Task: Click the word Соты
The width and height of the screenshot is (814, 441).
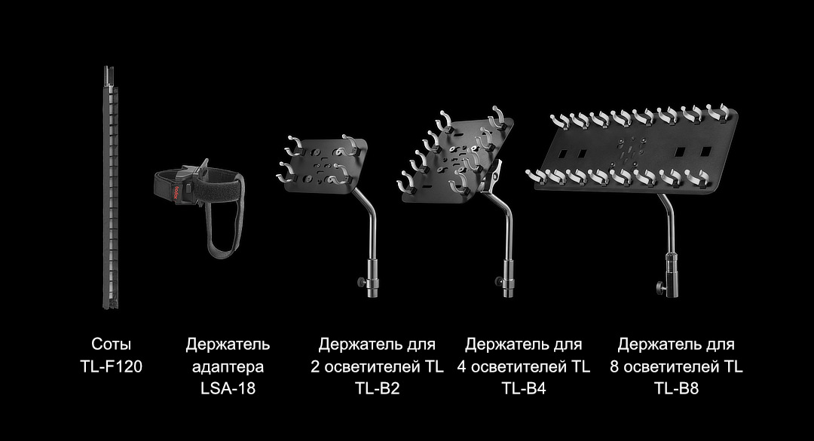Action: pos(111,345)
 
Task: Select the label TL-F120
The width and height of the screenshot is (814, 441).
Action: pos(111,367)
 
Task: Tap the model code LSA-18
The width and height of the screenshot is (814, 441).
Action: pos(228,389)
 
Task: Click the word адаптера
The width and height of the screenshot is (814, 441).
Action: pos(228,367)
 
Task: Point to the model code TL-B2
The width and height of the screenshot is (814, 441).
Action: pos(377,389)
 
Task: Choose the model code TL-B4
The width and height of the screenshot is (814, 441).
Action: pos(523,389)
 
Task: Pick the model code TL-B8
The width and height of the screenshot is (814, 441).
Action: pos(676,389)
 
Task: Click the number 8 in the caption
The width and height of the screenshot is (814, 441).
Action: pos(615,367)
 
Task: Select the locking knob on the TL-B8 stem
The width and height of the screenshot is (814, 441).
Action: pos(661,287)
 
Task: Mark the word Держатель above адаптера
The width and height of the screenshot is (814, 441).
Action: pos(228,345)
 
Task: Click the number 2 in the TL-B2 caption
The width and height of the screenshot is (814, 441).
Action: pos(316,367)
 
